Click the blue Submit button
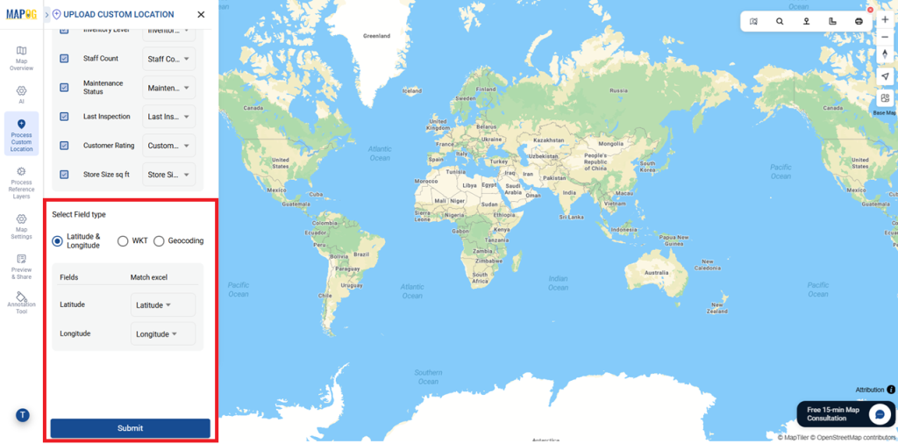click(x=130, y=428)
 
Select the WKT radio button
click(x=123, y=241)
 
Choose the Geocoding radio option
click(x=159, y=241)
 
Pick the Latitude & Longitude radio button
click(x=57, y=241)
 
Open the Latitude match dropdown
click(x=162, y=305)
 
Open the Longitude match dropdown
click(x=162, y=334)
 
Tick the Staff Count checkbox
click(x=64, y=59)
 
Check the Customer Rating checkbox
click(x=64, y=146)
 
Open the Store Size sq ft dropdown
click(x=168, y=175)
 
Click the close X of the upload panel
click(x=201, y=14)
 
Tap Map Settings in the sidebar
click(x=21, y=226)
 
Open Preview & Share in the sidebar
click(x=21, y=267)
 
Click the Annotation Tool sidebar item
click(x=21, y=302)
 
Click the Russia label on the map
click(x=618, y=90)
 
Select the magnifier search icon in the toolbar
click(x=780, y=21)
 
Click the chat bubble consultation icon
click(x=879, y=414)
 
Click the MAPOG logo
click(x=21, y=14)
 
